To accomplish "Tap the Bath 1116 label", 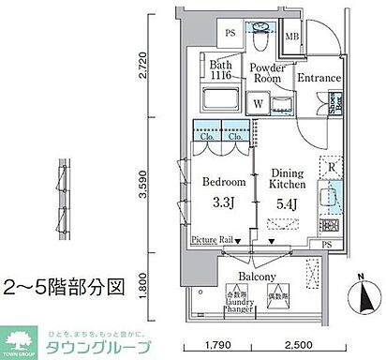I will pos(220,71).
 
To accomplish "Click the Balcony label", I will pos(256,277).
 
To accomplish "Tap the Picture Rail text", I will pos(212,241).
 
